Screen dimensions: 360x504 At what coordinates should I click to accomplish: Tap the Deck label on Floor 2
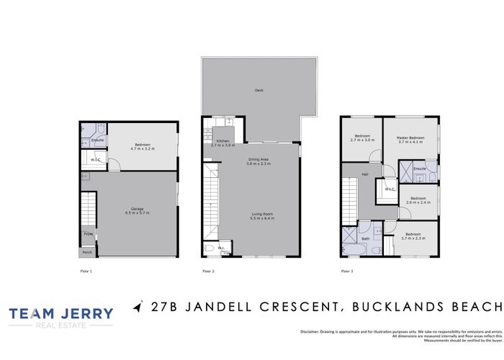click(x=259, y=90)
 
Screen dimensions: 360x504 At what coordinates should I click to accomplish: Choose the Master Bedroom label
click(x=413, y=138)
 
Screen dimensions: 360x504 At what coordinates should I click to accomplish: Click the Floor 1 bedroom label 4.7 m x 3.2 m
click(x=143, y=145)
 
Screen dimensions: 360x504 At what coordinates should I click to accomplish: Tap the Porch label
click(x=87, y=252)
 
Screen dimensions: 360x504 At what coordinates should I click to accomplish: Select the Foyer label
click(x=89, y=234)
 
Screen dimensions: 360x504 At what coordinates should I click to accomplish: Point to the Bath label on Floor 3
click(x=365, y=238)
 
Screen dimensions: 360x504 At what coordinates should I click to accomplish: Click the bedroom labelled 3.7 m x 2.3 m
click(x=413, y=236)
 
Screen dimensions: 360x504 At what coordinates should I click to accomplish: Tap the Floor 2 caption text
click(x=208, y=271)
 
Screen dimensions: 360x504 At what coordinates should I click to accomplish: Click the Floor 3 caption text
click(x=347, y=271)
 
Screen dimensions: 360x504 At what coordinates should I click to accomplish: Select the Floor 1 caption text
click(x=86, y=271)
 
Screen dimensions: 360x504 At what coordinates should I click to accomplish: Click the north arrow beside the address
click(x=138, y=307)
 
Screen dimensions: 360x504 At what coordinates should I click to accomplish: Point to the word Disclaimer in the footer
click(x=311, y=330)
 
